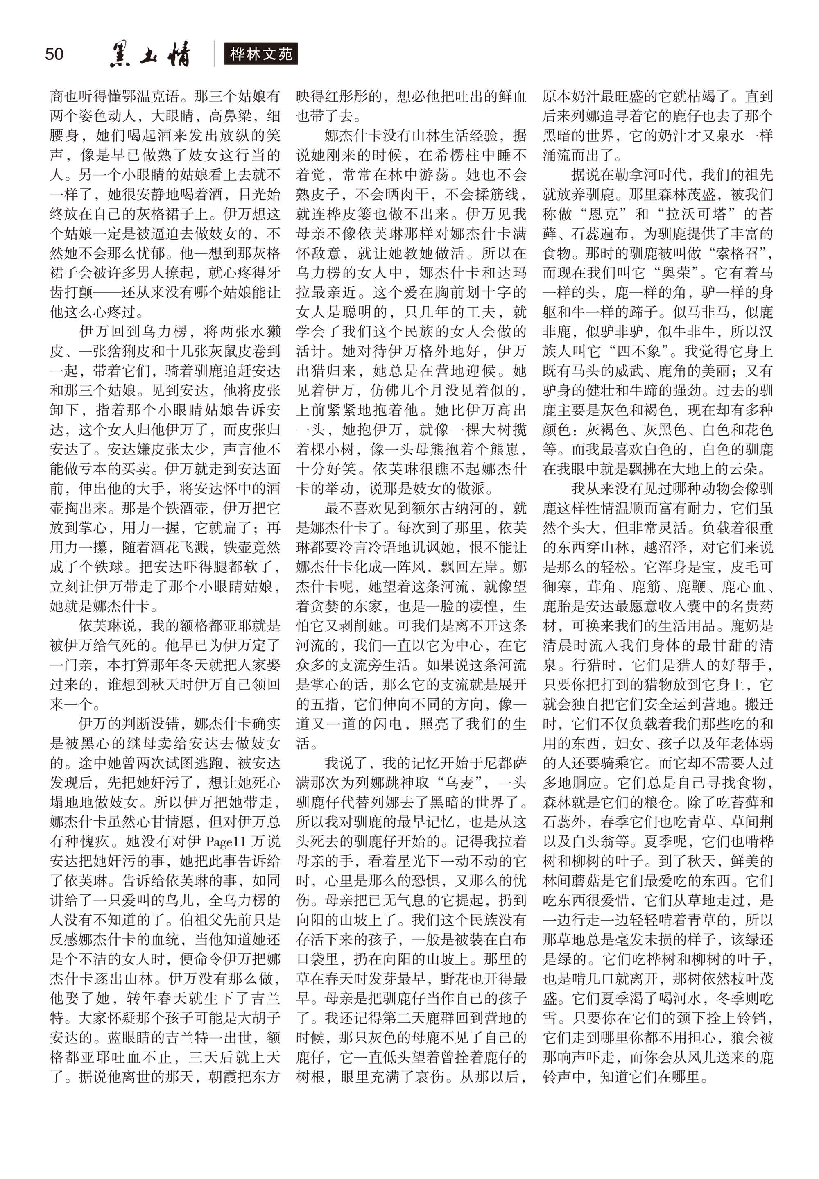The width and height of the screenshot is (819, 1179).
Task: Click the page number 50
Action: [54, 54]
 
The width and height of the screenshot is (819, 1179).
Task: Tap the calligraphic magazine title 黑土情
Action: [150, 54]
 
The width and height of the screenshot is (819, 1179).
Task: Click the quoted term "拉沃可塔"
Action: [694, 214]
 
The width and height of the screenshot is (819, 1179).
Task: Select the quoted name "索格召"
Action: [738, 253]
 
